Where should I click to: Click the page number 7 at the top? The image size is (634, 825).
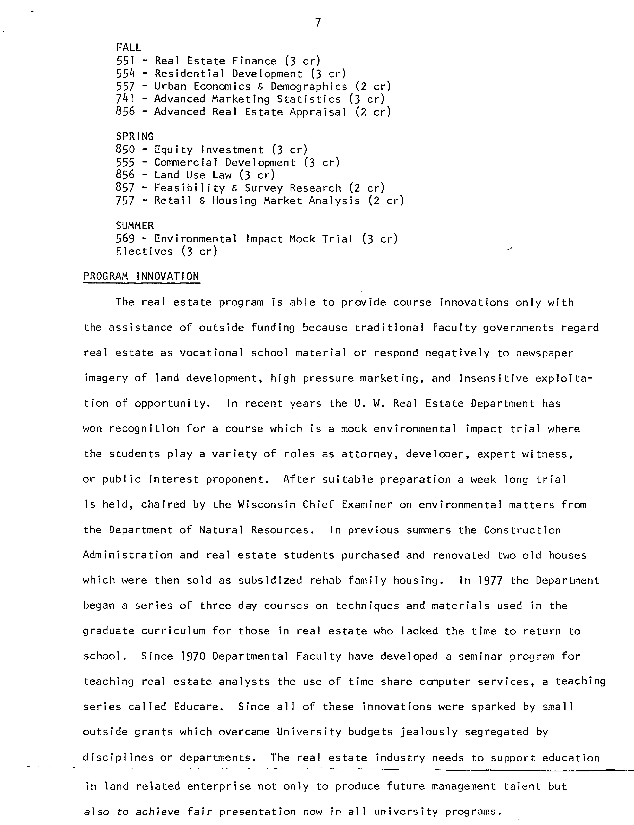tap(318, 23)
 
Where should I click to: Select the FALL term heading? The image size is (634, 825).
tap(128, 48)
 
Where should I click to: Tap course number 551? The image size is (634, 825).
tap(125, 61)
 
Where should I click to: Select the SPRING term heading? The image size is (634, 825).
tap(135, 136)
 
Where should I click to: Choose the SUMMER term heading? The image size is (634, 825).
tap(135, 226)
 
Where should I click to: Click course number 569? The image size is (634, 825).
tap(125, 239)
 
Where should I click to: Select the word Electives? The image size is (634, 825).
tap(144, 251)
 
